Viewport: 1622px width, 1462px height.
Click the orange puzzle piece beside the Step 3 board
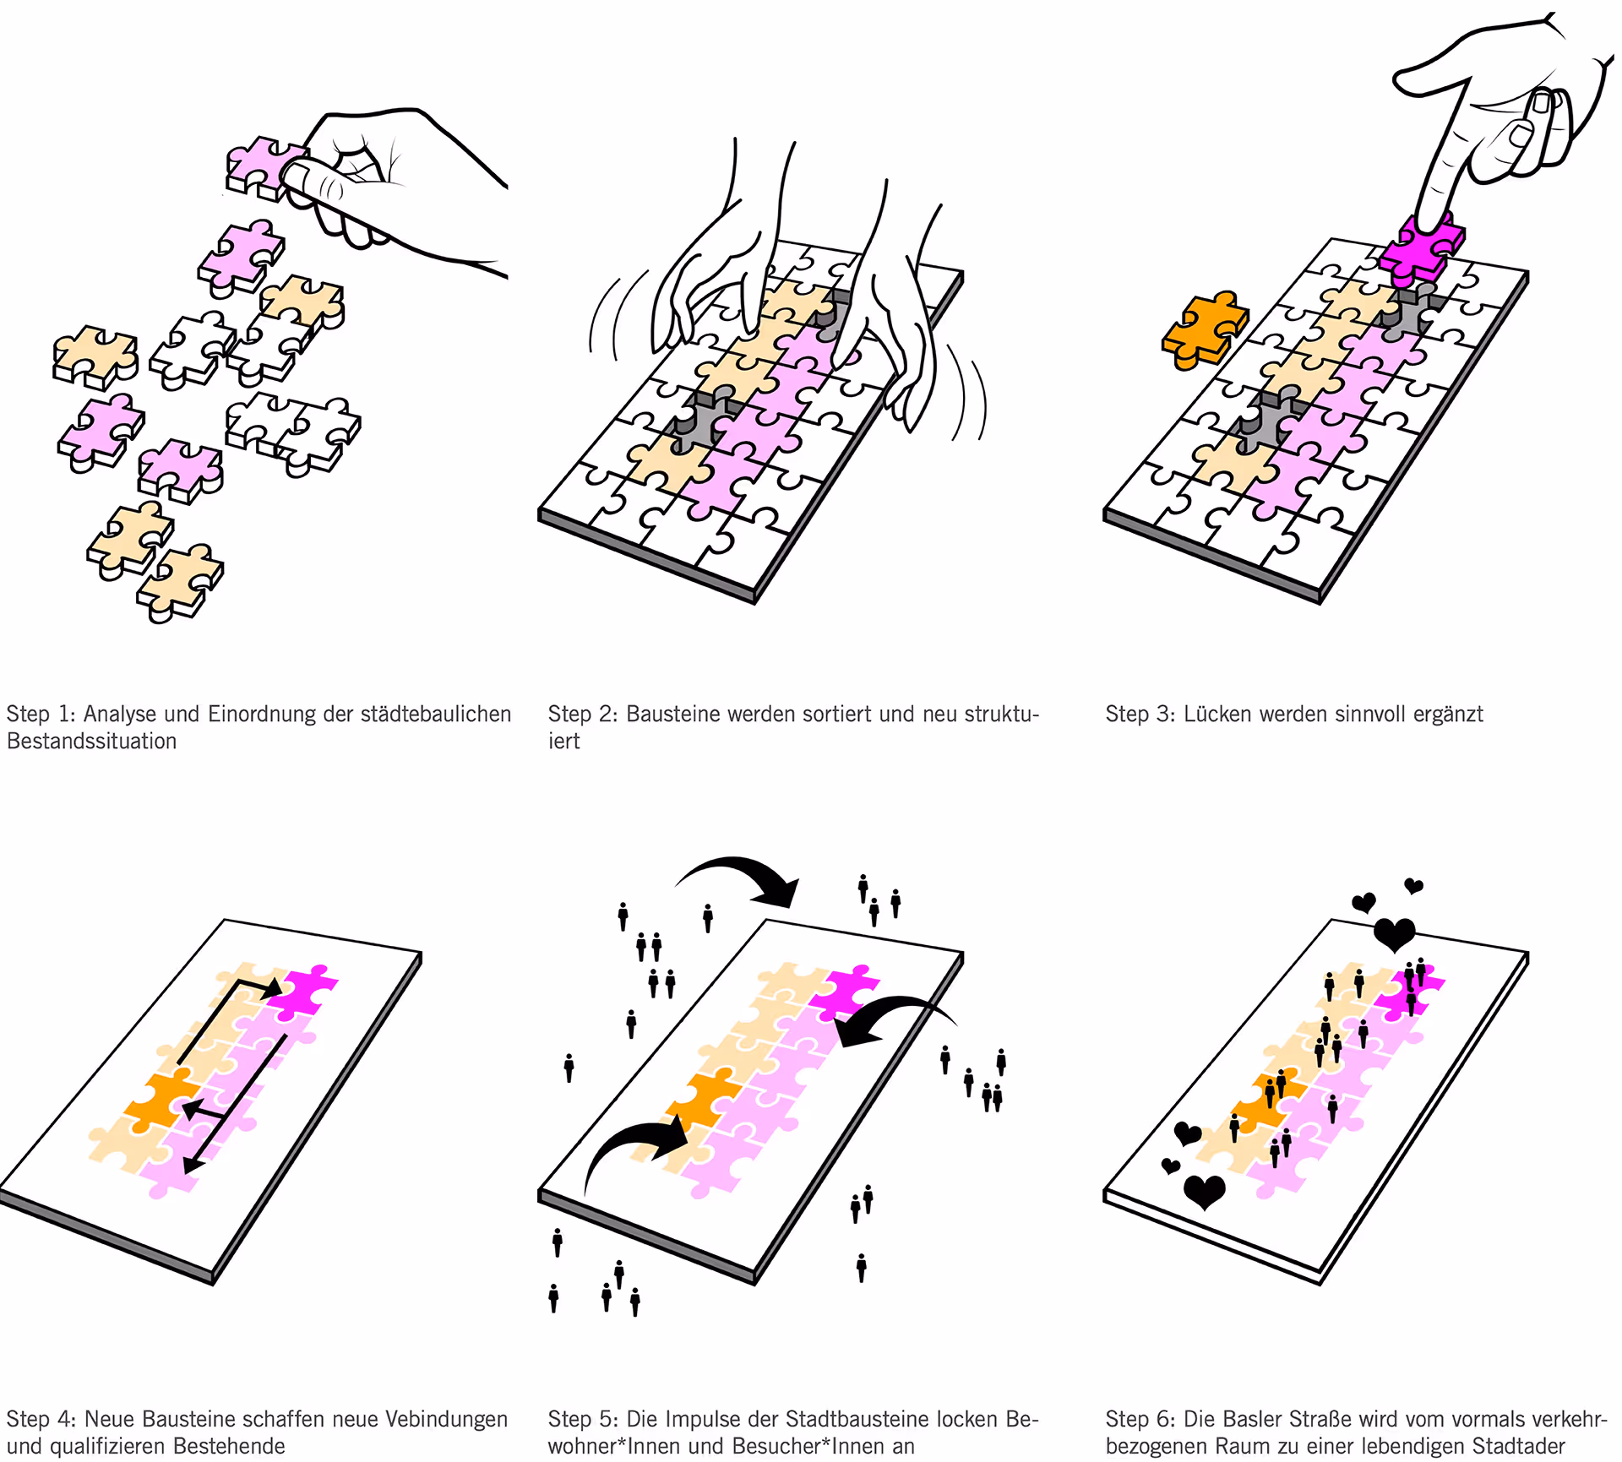pos(1205,330)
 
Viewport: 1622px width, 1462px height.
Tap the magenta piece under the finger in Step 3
pos(1424,248)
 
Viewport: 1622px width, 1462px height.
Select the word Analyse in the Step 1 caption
pos(120,714)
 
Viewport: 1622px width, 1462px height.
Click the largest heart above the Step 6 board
pos(1394,935)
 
